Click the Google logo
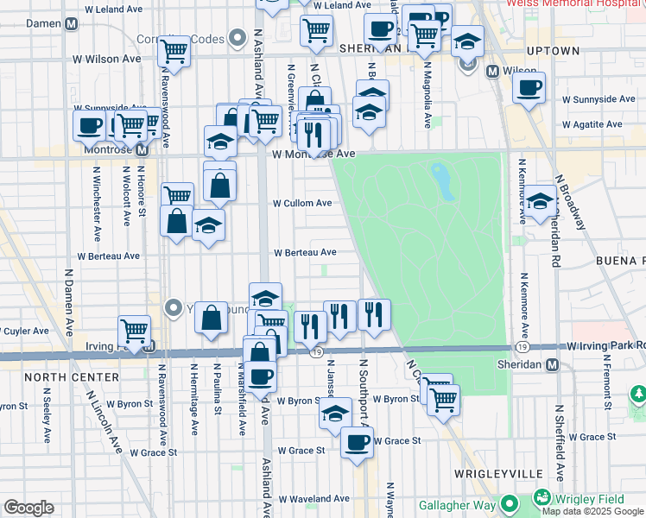[x=28, y=507]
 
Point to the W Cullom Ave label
[x=302, y=204]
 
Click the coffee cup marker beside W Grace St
[x=357, y=444]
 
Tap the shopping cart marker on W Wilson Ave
[x=174, y=52]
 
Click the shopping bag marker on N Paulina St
[x=212, y=318]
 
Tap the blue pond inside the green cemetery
[x=442, y=181]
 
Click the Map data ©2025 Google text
[x=593, y=510]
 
